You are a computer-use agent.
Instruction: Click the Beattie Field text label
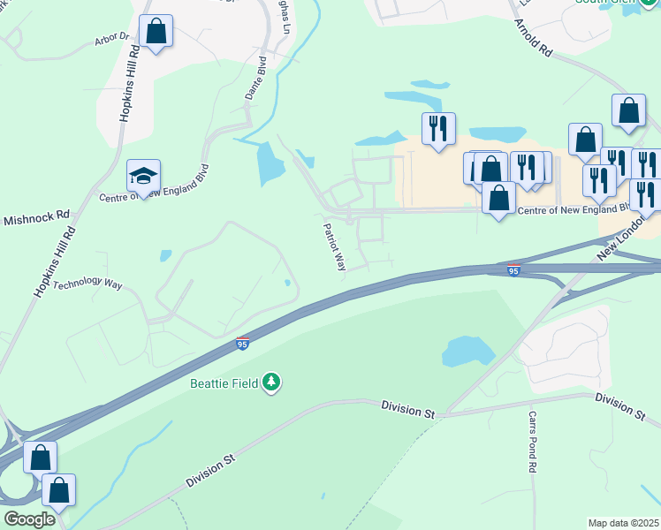click(225, 382)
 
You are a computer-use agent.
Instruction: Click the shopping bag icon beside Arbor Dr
click(156, 31)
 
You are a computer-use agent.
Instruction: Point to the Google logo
click(29, 519)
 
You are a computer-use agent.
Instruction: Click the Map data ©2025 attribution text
click(624, 522)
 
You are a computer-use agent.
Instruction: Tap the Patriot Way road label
click(334, 246)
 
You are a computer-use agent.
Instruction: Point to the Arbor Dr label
click(111, 41)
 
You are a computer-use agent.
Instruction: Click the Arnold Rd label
click(532, 40)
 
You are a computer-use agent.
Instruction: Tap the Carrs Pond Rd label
click(533, 443)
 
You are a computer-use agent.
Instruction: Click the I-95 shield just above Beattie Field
click(241, 343)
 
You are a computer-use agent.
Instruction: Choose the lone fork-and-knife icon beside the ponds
click(438, 128)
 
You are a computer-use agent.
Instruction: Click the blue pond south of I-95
click(467, 351)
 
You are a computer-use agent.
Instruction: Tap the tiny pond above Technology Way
click(166, 255)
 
